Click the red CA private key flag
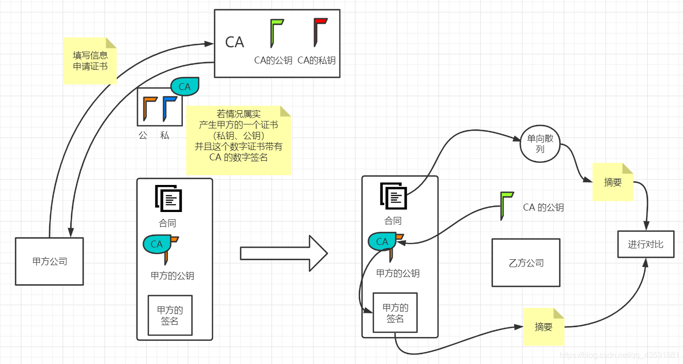[x=320, y=32]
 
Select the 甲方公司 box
[x=49, y=261]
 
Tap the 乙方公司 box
[x=526, y=263]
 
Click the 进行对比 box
[x=645, y=244]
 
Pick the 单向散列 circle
[x=540, y=143]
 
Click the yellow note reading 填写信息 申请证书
[x=90, y=61]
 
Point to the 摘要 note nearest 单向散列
[x=613, y=182]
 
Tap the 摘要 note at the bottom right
[x=543, y=327]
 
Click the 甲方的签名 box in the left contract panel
[x=170, y=315]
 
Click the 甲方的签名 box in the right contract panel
[x=395, y=313]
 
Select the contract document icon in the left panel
[x=168, y=198]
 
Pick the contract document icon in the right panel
[x=394, y=196]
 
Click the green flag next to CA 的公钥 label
[x=506, y=205]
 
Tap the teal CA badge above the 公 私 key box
[x=185, y=87]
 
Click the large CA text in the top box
[x=234, y=42]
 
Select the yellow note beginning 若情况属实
[x=238, y=141]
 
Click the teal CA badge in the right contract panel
[x=382, y=242]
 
